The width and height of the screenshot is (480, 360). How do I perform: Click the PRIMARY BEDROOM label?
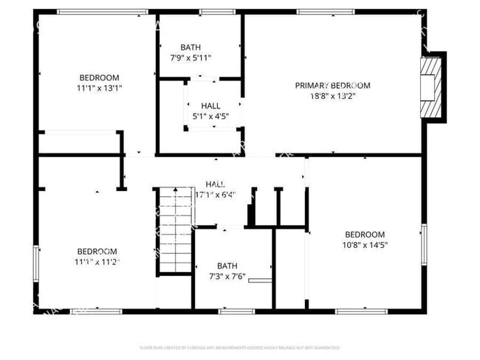pos(332,86)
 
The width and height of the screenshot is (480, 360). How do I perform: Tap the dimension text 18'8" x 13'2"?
pos(332,95)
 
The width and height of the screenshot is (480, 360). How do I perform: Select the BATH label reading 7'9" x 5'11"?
pos(190,47)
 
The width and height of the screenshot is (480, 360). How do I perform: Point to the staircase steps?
pos(176,229)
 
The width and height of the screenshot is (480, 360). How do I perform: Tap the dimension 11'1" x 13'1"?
pos(99,88)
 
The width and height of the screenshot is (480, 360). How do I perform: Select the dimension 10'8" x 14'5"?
pos(365,245)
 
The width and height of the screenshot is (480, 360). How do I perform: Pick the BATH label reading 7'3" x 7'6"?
pos(227,266)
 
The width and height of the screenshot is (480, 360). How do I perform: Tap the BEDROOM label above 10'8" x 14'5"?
pos(365,235)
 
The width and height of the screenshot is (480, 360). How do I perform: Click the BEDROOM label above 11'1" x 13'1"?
pos(99,77)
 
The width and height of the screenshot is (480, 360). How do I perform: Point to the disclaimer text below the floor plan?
pos(239,347)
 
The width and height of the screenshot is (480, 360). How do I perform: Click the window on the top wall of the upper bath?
pos(212,12)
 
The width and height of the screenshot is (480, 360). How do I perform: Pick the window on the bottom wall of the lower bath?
pos(236,311)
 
